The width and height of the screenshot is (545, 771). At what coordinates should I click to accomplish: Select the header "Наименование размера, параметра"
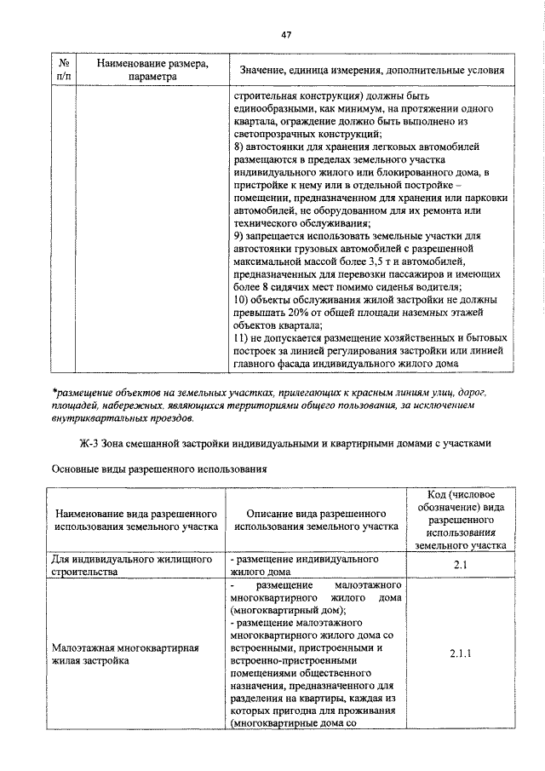click(153, 69)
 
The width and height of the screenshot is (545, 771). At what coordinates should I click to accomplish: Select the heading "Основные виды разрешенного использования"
click(160, 469)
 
